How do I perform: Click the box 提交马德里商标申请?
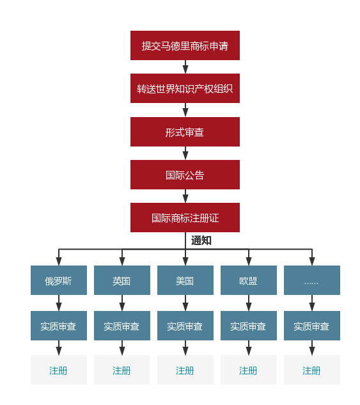pos(185,45)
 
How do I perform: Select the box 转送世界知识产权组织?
pos(185,88)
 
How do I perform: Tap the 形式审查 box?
pos(185,132)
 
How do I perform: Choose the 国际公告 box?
pos(185,175)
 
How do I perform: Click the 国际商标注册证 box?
pos(185,218)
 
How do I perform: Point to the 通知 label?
pos(201,241)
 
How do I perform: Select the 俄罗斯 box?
pos(58,280)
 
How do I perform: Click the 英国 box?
pos(121,280)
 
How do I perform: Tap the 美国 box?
pos(185,280)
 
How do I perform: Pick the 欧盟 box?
pos(248,280)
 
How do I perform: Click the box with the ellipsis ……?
pos(311,280)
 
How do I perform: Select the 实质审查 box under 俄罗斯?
pos(58,326)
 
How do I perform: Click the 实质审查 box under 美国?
pos(185,326)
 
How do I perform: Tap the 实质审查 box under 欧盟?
pos(248,326)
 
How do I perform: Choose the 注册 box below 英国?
pos(121,370)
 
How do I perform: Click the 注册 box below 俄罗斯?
pos(58,370)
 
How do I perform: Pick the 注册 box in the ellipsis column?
pos(311,370)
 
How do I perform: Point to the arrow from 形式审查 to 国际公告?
pos(185,154)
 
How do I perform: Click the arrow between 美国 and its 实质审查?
pos(185,303)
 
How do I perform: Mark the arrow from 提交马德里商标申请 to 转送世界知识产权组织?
pos(185,67)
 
